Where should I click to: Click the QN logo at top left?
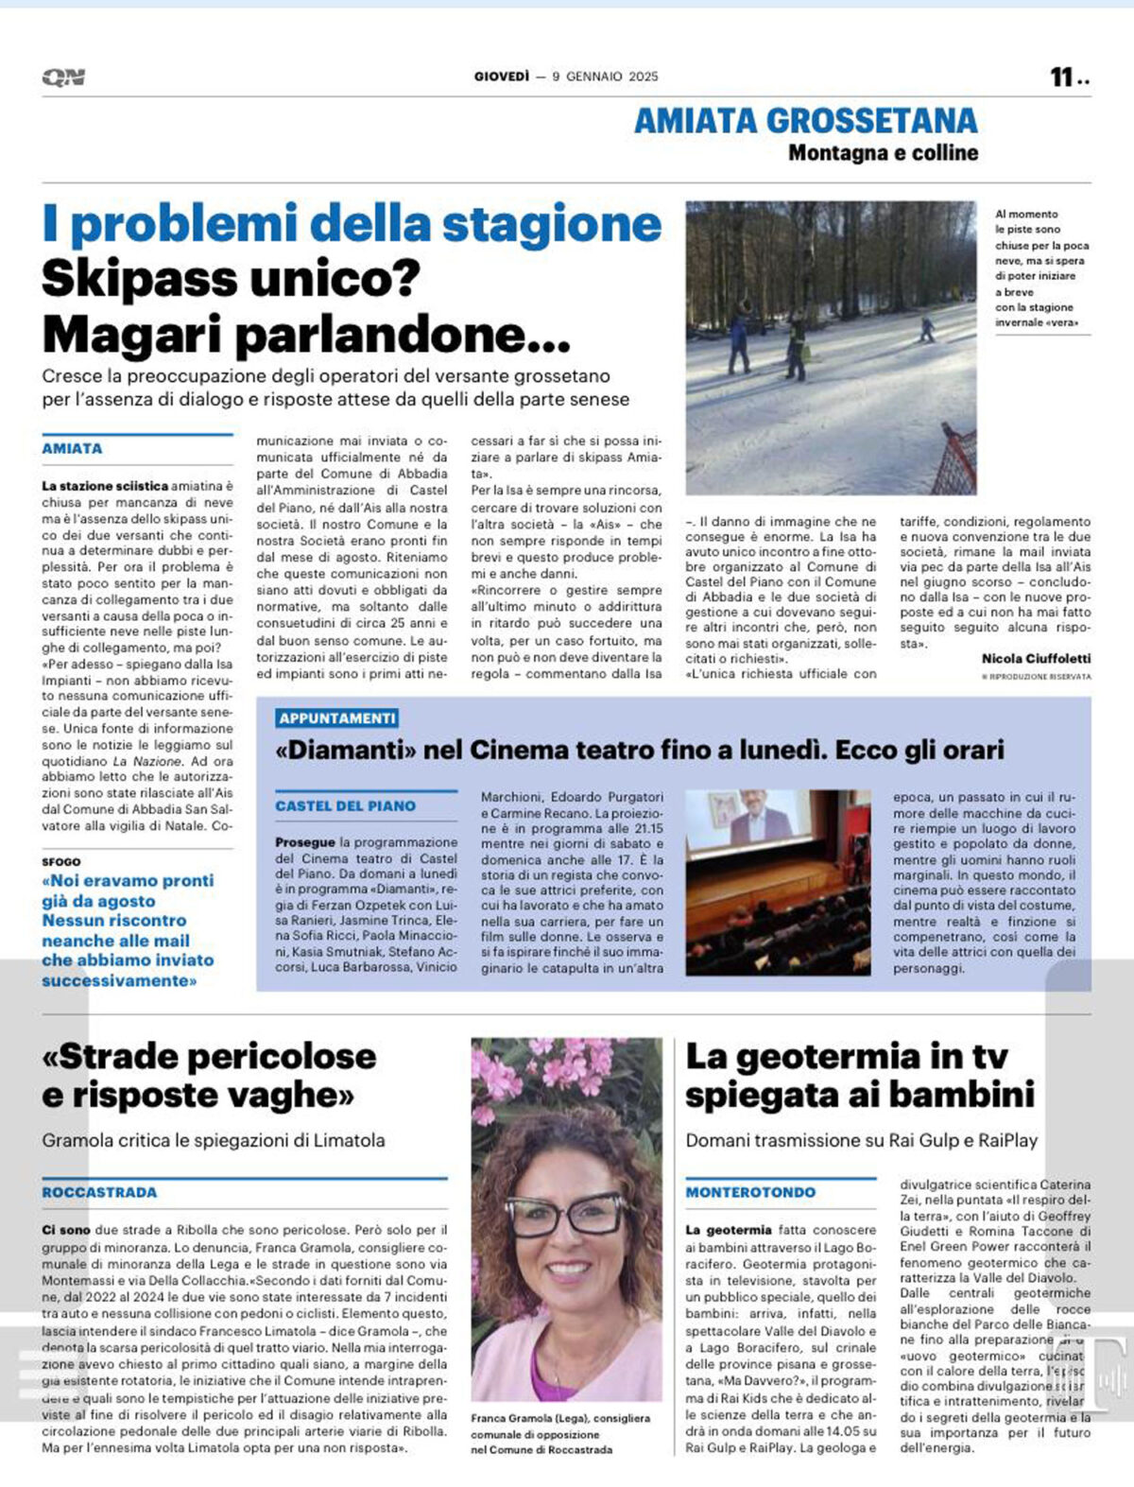pos(63,77)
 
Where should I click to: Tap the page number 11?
pos(1062,77)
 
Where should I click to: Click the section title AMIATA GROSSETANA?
pos(805,120)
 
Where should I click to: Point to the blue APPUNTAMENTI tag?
pos(337,718)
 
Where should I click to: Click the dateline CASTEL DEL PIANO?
pos(345,806)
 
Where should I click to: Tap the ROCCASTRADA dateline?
pos(99,1192)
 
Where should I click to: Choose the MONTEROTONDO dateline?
pos(750,1192)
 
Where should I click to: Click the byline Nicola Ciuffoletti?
pos(1036,658)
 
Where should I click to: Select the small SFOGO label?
pos(61,861)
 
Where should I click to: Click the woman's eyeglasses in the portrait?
pos(566,1215)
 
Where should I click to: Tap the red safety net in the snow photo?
pos(958,459)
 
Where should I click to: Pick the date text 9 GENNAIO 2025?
pos(605,77)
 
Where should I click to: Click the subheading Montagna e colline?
pos(883,152)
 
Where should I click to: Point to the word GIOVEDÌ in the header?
pos(502,77)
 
